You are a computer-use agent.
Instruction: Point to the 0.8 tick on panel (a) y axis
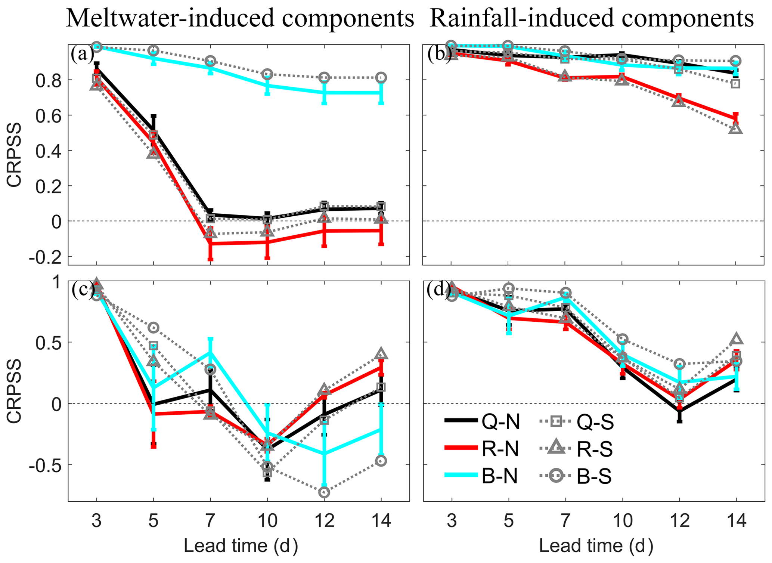click(49, 80)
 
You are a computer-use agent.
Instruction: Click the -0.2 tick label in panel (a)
click(45, 256)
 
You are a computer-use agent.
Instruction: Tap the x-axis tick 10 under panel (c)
click(267, 520)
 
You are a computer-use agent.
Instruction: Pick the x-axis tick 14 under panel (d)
click(736, 520)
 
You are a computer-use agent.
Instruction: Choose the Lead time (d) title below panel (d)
click(596, 546)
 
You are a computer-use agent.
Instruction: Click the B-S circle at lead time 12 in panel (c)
click(324, 492)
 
